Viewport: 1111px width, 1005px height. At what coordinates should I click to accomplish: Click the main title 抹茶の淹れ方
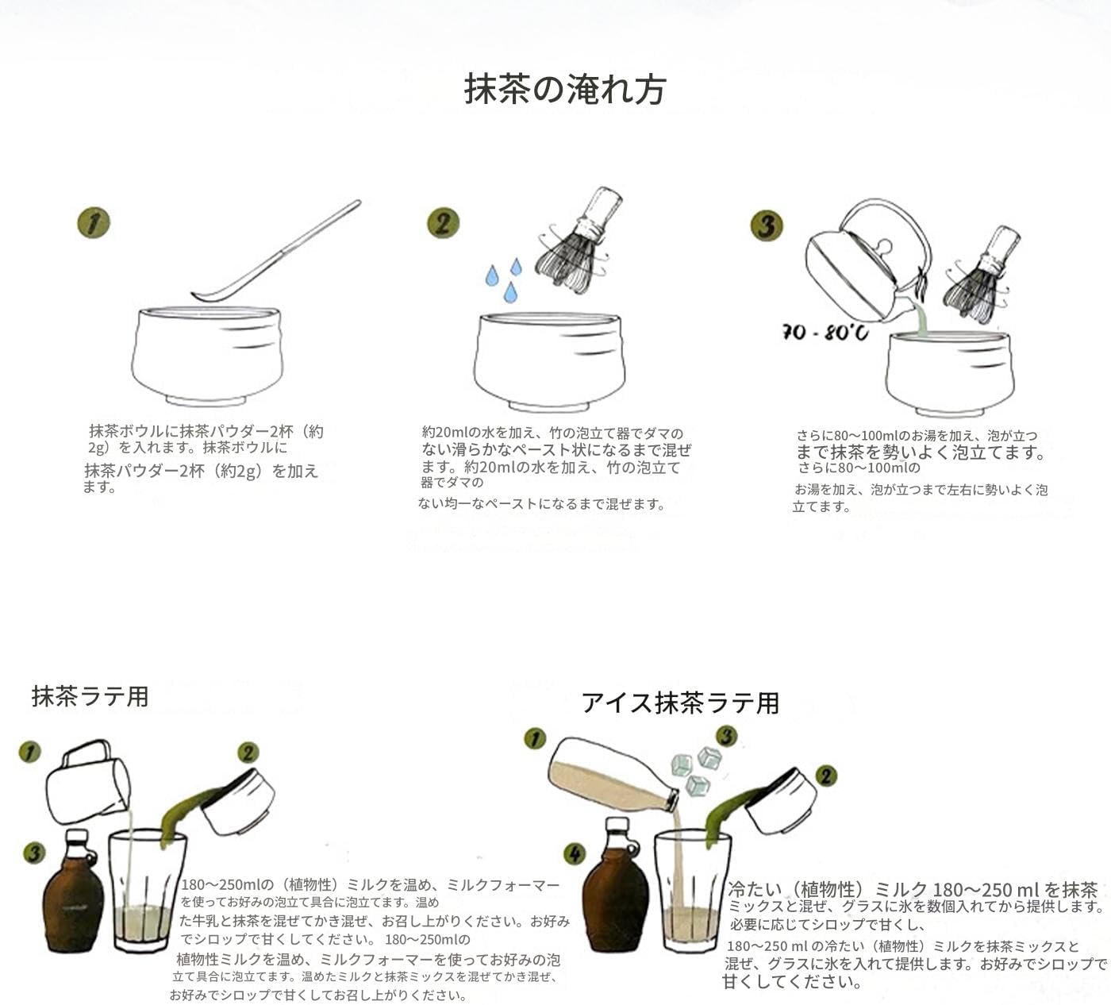point(564,90)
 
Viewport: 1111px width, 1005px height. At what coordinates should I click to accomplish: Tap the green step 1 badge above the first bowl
point(94,224)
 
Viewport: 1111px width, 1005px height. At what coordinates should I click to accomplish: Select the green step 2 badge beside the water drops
point(443,224)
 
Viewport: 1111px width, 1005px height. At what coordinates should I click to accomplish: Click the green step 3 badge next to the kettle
point(766,226)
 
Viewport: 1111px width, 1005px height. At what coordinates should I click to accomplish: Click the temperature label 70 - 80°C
point(825,332)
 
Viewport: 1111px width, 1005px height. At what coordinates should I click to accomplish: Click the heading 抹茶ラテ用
point(90,696)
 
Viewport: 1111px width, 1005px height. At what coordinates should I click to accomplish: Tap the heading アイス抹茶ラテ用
point(680,703)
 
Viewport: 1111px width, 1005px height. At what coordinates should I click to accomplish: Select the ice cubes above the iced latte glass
point(696,769)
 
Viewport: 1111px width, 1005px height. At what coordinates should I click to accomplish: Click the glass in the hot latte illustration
point(147,889)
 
